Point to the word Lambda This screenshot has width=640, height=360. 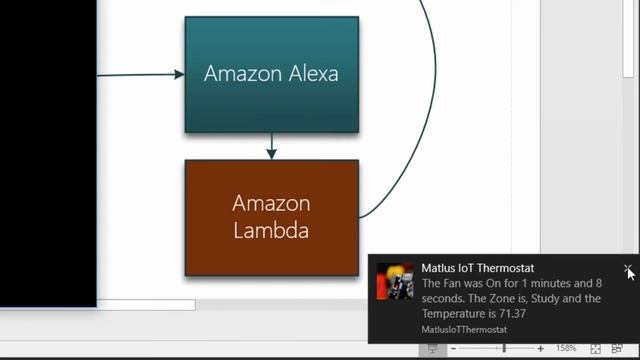click(271, 231)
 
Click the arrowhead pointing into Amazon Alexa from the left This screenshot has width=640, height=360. click(179, 74)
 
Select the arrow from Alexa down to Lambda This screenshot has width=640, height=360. click(271, 146)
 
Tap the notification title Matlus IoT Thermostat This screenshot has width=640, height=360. click(477, 268)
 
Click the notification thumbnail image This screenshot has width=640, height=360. click(395, 282)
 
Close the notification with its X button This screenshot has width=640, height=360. click(627, 269)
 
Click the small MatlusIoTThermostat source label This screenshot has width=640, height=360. click(464, 329)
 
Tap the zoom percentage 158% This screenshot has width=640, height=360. click(566, 349)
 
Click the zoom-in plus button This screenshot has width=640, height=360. click(541, 349)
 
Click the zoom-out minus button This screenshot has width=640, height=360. click(453, 349)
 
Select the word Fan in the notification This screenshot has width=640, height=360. click(452, 283)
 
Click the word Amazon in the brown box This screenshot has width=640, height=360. click(271, 203)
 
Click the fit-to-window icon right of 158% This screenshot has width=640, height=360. click(595, 349)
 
